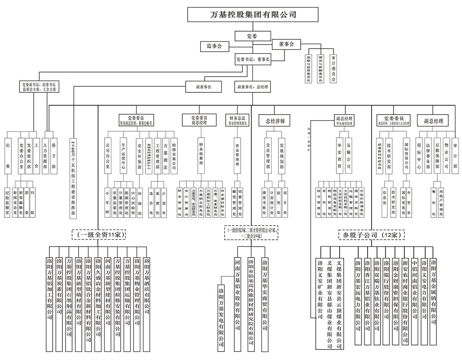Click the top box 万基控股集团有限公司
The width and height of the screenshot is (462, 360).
[254, 15]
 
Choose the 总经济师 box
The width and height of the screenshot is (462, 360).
[275, 121]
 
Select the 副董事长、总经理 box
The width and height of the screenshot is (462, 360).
[253, 87]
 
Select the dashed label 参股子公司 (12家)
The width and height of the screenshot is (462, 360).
[372, 234]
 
